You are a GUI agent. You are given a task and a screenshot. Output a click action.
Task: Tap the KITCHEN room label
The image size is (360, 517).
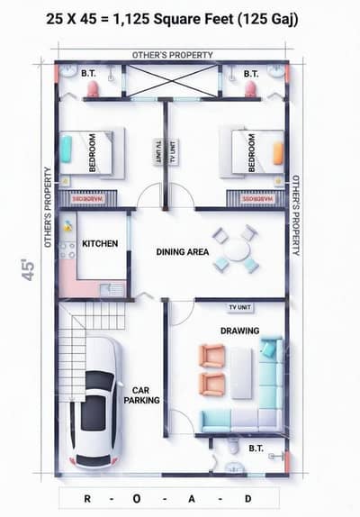point(100,243)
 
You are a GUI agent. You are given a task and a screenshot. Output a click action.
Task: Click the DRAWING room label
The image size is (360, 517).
point(239,331)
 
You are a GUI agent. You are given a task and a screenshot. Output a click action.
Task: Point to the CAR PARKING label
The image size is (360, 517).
point(141,395)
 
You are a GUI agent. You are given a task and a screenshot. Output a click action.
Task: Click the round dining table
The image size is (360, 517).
point(237,249)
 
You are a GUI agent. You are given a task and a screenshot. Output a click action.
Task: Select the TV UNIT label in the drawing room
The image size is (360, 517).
point(240,307)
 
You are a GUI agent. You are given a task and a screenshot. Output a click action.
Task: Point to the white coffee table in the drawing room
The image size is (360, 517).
point(241,372)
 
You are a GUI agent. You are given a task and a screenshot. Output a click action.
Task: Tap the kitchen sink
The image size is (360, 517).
point(113,289)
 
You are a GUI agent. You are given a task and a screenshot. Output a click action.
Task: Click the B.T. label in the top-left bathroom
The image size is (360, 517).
point(89,73)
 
